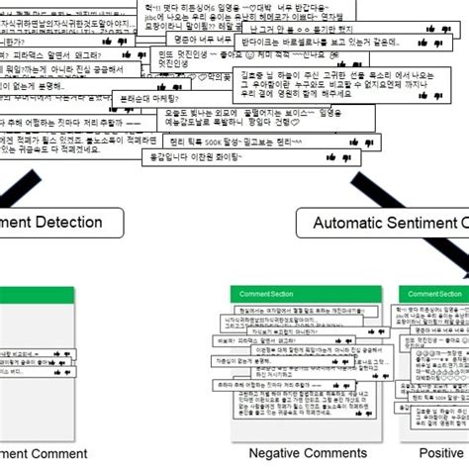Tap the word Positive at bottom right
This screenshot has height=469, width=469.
pos(438,453)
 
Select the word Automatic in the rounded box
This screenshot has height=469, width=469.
pos(347,224)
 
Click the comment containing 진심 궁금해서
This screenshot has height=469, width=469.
pos(59,70)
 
